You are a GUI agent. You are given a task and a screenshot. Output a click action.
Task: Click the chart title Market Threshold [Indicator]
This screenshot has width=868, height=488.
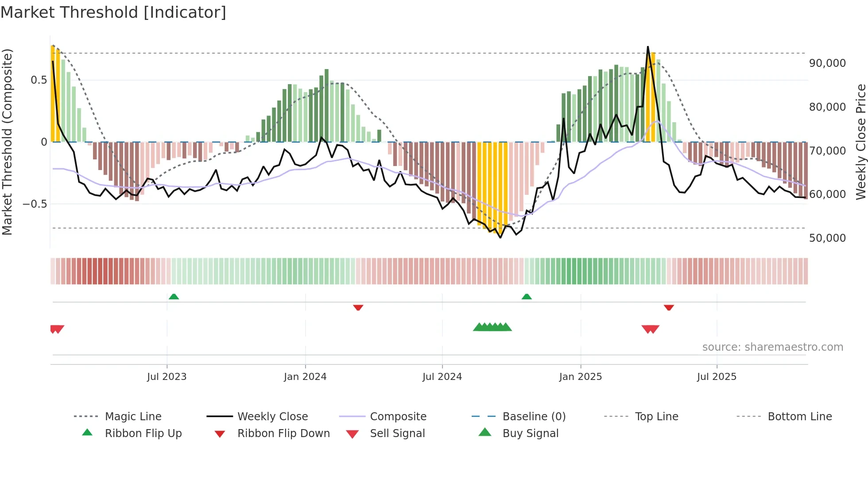click(x=113, y=12)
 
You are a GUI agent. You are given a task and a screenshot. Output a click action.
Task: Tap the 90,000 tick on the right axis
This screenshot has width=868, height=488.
click(x=827, y=63)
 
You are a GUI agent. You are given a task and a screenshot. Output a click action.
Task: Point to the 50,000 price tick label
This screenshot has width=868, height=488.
click(x=827, y=238)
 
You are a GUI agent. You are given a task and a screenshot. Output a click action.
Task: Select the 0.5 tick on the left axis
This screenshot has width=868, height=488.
click(x=39, y=80)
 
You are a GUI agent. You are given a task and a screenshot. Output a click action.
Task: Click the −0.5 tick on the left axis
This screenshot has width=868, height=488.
click(x=35, y=204)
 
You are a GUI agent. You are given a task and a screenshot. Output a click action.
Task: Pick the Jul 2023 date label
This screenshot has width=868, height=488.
click(x=167, y=377)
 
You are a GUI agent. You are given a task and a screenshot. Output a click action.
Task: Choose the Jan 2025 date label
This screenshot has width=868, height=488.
click(x=580, y=377)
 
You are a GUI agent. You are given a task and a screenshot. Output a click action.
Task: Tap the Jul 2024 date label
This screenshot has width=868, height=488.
click(x=442, y=377)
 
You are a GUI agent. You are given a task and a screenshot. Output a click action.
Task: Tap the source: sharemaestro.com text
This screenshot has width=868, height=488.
click(x=772, y=347)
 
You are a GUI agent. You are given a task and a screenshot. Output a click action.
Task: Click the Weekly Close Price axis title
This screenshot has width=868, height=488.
click(x=860, y=142)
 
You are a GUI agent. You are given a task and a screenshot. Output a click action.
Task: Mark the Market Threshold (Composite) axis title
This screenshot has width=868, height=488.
click(x=7, y=142)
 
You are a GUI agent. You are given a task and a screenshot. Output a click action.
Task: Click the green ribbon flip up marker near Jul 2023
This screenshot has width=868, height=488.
click(x=174, y=297)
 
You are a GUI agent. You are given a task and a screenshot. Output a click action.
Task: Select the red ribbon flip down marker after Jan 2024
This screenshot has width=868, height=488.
click(x=358, y=307)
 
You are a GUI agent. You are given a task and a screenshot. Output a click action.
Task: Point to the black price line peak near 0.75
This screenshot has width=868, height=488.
click(x=647, y=47)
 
